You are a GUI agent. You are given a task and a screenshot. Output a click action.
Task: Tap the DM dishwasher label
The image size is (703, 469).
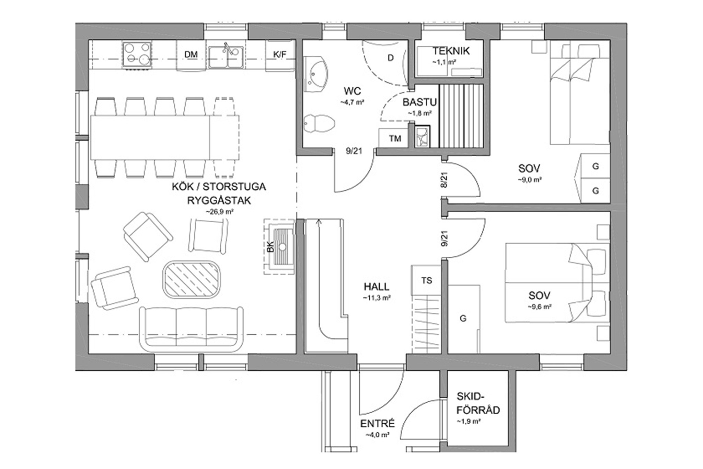point(191,54)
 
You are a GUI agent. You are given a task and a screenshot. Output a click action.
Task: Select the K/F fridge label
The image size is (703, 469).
point(280,54)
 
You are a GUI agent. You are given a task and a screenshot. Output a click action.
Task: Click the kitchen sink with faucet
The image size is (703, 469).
point(226,56)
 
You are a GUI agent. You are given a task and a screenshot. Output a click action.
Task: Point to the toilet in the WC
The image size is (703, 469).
point(319,123)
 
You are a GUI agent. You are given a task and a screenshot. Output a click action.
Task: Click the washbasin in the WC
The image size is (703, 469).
point(316,74)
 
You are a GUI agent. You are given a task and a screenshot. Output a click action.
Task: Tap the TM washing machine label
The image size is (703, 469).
point(395,138)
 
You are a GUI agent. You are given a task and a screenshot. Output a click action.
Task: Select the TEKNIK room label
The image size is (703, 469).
point(451,51)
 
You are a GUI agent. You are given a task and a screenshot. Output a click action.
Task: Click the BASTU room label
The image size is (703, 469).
point(419,102)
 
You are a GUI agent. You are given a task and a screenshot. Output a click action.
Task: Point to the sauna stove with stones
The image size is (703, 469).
point(422,137)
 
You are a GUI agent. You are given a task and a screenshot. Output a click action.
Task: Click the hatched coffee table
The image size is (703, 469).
point(192,279)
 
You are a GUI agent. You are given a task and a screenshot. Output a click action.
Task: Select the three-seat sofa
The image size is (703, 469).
point(191,329)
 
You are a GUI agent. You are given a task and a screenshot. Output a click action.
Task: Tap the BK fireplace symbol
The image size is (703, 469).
point(279,246)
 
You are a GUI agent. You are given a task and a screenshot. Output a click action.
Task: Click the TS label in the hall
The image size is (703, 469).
point(427,281)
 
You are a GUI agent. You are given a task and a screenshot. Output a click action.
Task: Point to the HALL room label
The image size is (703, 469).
point(377,287)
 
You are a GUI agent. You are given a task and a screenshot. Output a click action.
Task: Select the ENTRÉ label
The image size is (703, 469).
point(378,424)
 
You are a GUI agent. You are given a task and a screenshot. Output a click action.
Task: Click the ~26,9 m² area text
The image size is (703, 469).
point(220,212)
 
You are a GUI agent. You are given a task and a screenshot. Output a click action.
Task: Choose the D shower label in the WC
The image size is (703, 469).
point(391,58)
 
